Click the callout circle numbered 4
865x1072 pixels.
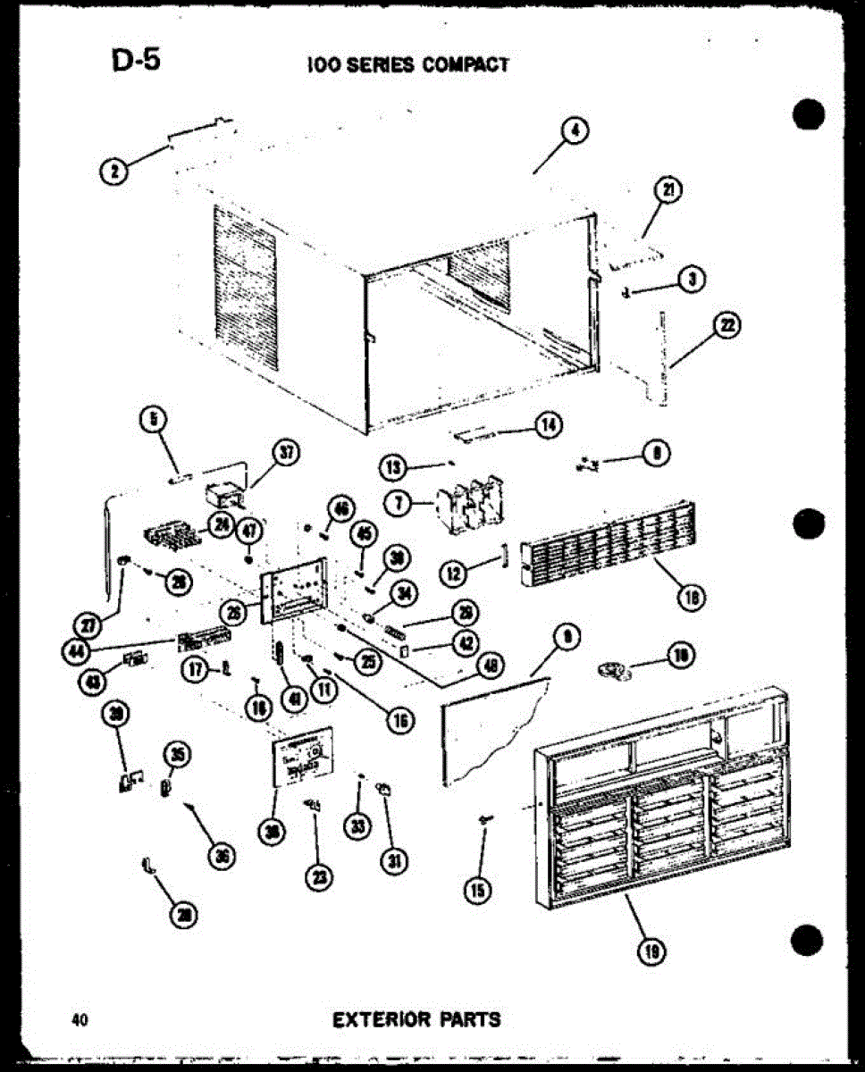coord(575,130)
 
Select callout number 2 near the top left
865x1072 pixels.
coord(113,172)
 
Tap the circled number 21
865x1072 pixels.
coord(668,189)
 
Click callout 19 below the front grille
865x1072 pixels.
coord(651,953)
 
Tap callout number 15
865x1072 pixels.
coord(480,889)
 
